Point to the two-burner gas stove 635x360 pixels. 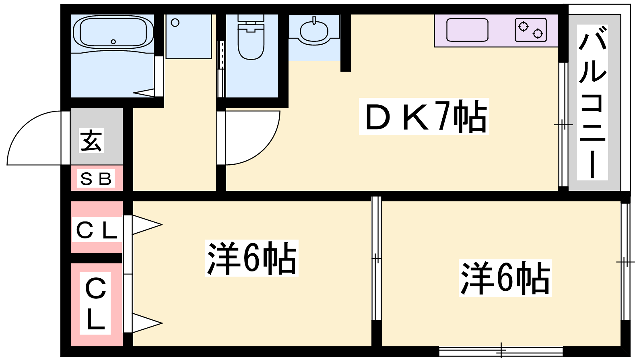[534, 30]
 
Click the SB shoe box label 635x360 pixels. [97, 180]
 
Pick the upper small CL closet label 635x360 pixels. [97, 231]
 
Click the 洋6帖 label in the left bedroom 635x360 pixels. [251, 260]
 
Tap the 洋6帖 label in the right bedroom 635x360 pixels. [504, 277]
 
